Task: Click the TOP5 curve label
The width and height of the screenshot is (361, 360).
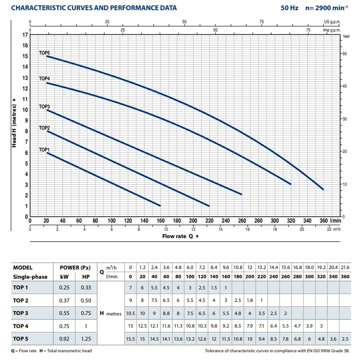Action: [45, 52]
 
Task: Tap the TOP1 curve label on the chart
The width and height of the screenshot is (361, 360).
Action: [45, 150]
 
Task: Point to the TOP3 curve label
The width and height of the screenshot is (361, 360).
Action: [45, 106]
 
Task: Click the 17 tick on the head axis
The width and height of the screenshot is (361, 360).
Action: [25, 35]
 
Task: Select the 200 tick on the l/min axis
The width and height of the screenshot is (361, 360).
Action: [193, 220]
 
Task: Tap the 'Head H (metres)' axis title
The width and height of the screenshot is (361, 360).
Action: [13, 123]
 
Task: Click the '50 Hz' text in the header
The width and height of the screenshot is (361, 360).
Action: [289, 8]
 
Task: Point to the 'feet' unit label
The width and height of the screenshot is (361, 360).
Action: [346, 36]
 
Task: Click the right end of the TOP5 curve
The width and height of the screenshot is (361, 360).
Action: [323, 189]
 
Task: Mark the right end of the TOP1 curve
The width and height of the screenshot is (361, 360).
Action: [160, 206]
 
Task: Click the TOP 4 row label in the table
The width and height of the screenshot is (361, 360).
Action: [22, 326]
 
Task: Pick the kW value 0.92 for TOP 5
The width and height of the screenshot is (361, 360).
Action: [64, 338]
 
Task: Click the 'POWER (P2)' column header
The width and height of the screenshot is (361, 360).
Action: [75, 267]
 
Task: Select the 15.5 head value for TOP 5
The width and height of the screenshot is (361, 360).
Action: [131, 338]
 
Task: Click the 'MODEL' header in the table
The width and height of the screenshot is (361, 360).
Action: [23, 267]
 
